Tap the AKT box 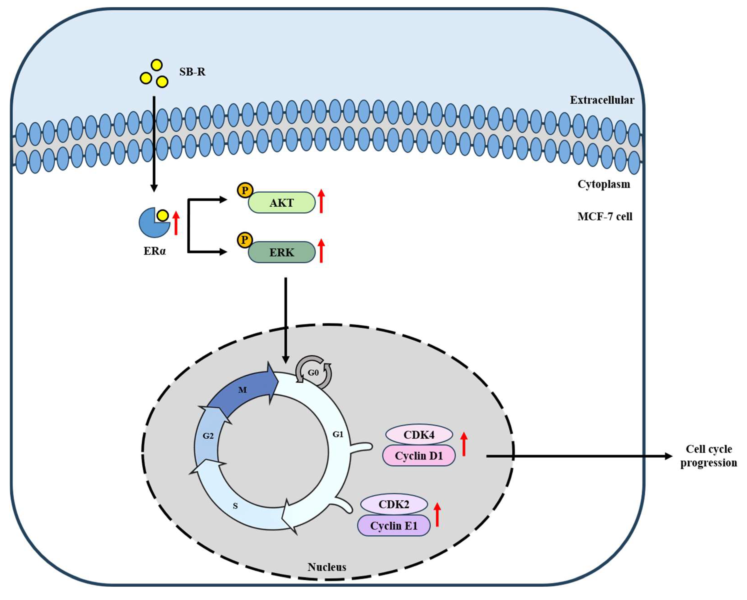pos(281,203)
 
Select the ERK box pos(281,252)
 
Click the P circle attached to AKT pos(245,190)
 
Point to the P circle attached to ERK pos(245,240)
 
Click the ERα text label pos(154,251)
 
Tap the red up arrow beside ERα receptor pos(176,223)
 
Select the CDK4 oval pos(419,435)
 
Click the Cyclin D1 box pos(419,456)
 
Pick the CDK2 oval pos(394,504)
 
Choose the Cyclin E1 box pos(394,526)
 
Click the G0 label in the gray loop pos(313,373)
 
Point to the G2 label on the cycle pos(208,436)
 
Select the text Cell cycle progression pos(708,456)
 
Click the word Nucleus pos(327,567)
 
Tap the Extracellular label pos(602,100)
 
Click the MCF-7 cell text pos(605,217)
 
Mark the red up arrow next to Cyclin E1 pos(437,515)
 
